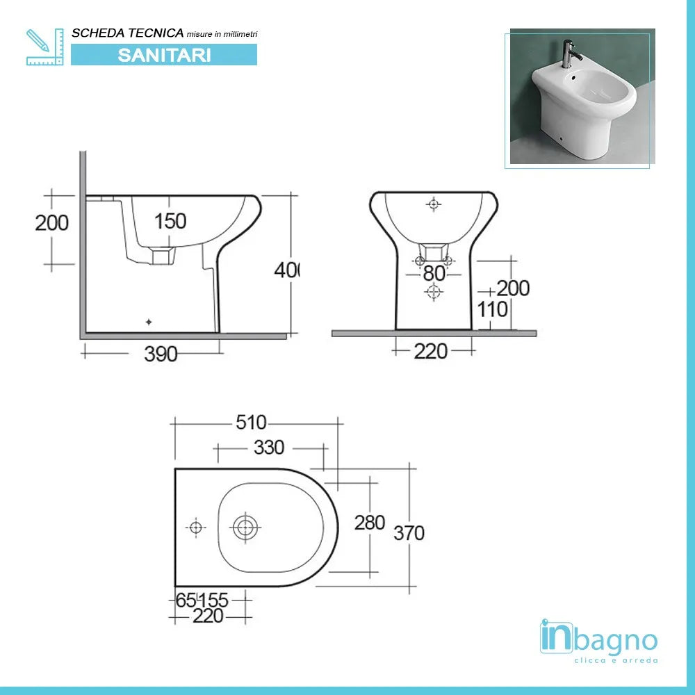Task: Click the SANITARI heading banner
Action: click(x=164, y=55)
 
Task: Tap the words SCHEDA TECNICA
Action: click(x=128, y=33)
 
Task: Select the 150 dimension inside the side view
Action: click(x=170, y=221)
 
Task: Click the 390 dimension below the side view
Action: click(x=161, y=354)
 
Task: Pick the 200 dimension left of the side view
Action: click(x=52, y=222)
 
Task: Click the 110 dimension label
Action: click(x=493, y=309)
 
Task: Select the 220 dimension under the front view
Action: click(x=431, y=352)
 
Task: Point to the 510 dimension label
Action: click(x=252, y=422)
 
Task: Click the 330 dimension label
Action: click(x=269, y=448)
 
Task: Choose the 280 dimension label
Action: click(x=370, y=522)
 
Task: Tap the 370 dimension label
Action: click(x=409, y=533)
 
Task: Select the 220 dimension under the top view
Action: click(x=208, y=616)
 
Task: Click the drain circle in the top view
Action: click(x=245, y=528)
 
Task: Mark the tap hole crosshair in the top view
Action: click(x=196, y=528)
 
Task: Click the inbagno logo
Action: click(x=598, y=637)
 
